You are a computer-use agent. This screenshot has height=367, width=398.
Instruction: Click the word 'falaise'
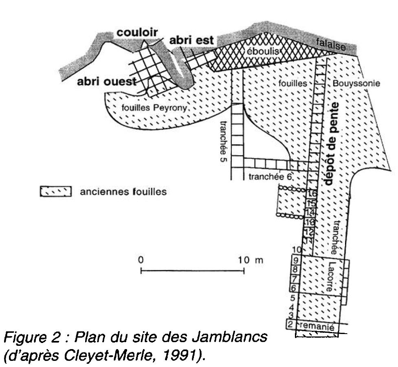[x=330, y=44]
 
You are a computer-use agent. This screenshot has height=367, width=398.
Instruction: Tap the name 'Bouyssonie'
[x=356, y=84]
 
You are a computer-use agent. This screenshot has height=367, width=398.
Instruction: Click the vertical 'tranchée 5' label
[x=224, y=141]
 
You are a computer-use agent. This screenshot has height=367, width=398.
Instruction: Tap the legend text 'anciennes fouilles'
[x=123, y=191]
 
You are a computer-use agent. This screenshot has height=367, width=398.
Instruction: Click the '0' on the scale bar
[x=141, y=259]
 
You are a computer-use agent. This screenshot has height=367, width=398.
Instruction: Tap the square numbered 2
[x=290, y=325]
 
